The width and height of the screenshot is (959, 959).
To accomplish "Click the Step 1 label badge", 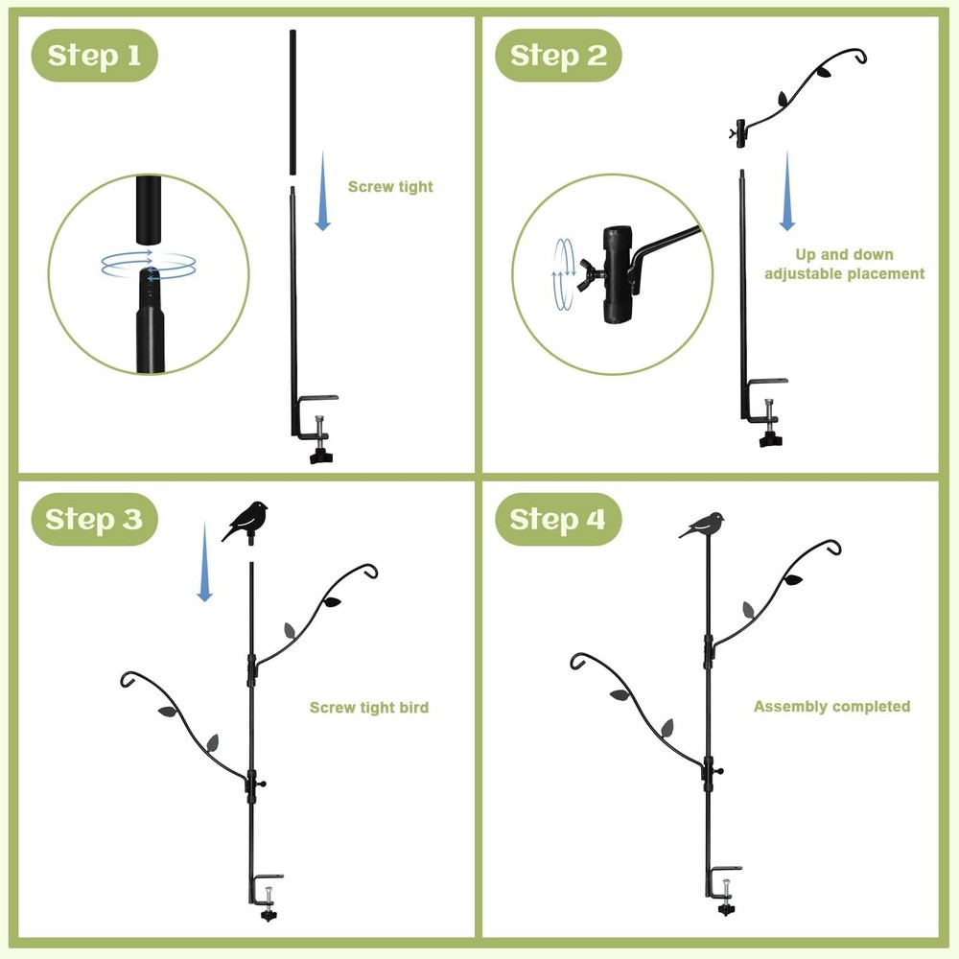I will pyautogui.click(x=94, y=56).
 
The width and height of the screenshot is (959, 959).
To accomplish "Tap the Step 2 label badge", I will pyautogui.click(x=558, y=56).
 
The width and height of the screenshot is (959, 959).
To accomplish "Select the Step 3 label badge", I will pyautogui.click(x=94, y=520).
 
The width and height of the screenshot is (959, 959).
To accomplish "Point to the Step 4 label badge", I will pyautogui.click(x=558, y=520).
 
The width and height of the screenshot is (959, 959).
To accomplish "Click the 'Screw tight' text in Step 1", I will pyautogui.click(x=390, y=187).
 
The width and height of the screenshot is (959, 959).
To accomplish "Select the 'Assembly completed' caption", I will pyautogui.click(x=831, y=707).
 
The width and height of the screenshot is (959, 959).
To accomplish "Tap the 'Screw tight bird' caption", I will pyautogui.click(x=369, y=708).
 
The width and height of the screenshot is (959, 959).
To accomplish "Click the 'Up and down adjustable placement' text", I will pyautogui.click(x=844, y=265).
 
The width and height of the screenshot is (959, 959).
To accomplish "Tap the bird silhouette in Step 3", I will pyautogui.click(x=246, y=521).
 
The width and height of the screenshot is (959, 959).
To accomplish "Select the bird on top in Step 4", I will pyautogui.click(x=703, y=526).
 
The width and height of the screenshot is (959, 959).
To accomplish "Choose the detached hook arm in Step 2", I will pyautogui.click(x=801, y=96).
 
